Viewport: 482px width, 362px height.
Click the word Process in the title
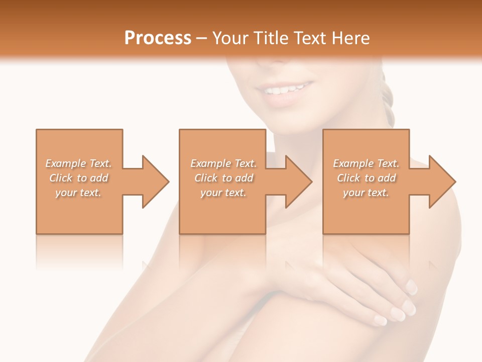coord(158,38)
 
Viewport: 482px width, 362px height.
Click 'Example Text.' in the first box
coord(79,163)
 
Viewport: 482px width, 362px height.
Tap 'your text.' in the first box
coord(79,193)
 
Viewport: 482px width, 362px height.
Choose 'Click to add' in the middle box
coord(223,178)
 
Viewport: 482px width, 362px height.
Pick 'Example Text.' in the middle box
coord(223,163)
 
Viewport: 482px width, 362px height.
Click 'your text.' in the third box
coord(366,193)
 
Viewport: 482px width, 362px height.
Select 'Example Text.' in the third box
coord(366,163)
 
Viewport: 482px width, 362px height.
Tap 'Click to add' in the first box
coord(79,178)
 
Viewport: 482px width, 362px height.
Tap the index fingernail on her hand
coord(411,287)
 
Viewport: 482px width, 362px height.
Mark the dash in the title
coord(202,38)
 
